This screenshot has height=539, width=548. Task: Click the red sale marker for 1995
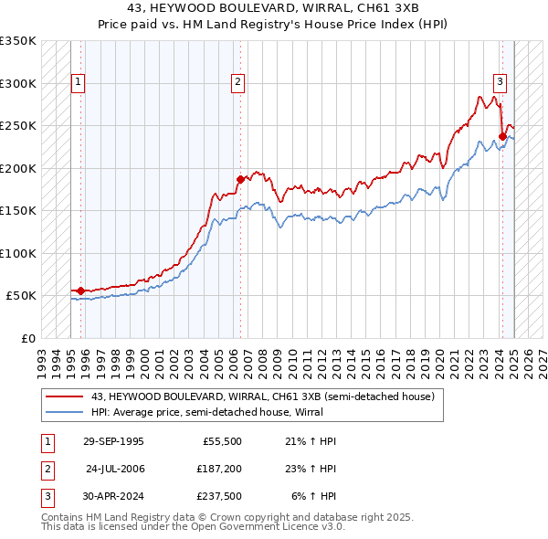(80, 291)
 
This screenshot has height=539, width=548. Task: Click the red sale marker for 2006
(240, 180)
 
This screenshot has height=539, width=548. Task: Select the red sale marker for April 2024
(502, 137)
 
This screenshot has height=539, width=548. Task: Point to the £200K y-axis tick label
(18, 168)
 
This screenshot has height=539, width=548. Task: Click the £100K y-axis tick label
(18, 253)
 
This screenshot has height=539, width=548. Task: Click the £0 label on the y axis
(27, 338)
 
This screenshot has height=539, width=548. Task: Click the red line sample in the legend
(64, 396)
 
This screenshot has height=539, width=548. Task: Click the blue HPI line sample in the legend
(64, 412)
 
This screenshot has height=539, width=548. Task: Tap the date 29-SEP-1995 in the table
(113, 441)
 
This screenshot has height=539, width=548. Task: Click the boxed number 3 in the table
(47, 498)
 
